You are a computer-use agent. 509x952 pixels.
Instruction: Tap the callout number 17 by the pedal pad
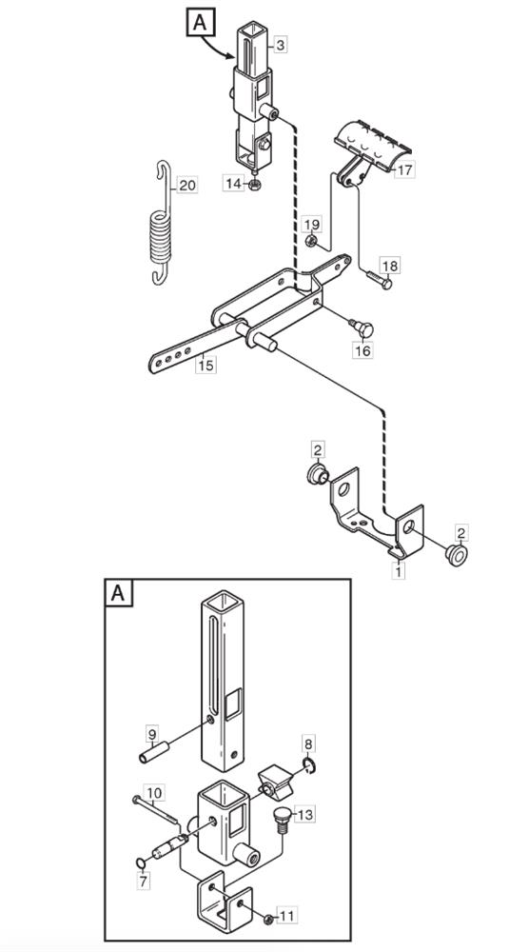pos(404,170)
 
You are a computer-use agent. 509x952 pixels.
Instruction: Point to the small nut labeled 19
pos(310,242)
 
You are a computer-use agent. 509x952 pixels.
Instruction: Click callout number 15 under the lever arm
pos(206,365)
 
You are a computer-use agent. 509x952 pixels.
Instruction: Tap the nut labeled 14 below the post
pos(255,185)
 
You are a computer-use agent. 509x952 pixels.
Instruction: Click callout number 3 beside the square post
pos(281,45)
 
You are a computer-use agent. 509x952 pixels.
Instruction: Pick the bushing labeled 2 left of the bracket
pos(318,473)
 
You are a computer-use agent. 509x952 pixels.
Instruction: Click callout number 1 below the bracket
pos(398,570)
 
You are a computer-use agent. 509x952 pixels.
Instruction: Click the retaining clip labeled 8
pos(309,767)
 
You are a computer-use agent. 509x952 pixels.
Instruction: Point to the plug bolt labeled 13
pos(281,816)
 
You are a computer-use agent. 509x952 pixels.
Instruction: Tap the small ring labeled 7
pos(140,863)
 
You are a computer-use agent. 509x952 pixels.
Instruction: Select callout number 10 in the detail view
pos(154,792)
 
